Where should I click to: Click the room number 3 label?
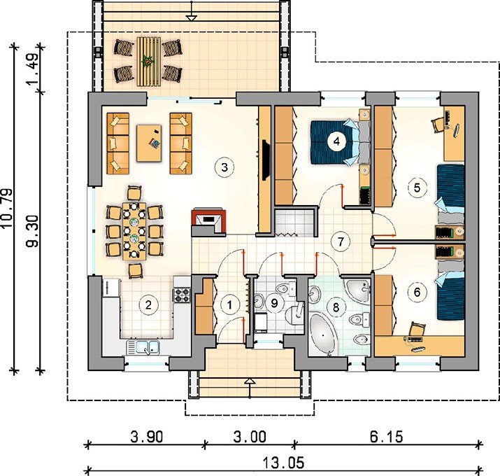pyautogui.click(x=224, y=167)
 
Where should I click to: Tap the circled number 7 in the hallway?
pyautogui.click(x=341, y=241)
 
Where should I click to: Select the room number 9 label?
pyautogui.click(x=274, y=303)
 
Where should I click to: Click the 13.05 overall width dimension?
pyautogui.click(x=283, y=463)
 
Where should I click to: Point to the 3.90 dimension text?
pyautogui.click(x=147, y=436)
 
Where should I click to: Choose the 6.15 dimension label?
pyautogui.click(x=387, y=436)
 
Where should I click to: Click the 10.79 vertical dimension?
pyautogui.click(x=7, y=208)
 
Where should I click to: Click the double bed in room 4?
pyautogui.click(x=341, y=142)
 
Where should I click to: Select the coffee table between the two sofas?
pyautogui.click(x=149, y=143)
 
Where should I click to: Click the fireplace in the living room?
pyautogui.click(x=209, y=221)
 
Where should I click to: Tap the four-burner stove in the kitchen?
pyautogui.click(x=182, y=295)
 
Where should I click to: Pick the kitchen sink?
pyautogui.click(x=143, y=347)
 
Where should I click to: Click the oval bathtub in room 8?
pyautogui.click(x=323, y=335)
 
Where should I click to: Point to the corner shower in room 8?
pyautogui.click(x=358, y=290)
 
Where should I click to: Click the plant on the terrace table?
pyautogui.click(x=148, y=60)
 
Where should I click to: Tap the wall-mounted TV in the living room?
pyautogui.click(x=265, y=160)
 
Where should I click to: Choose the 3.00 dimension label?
pyautogui.click(x=250, y=436)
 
